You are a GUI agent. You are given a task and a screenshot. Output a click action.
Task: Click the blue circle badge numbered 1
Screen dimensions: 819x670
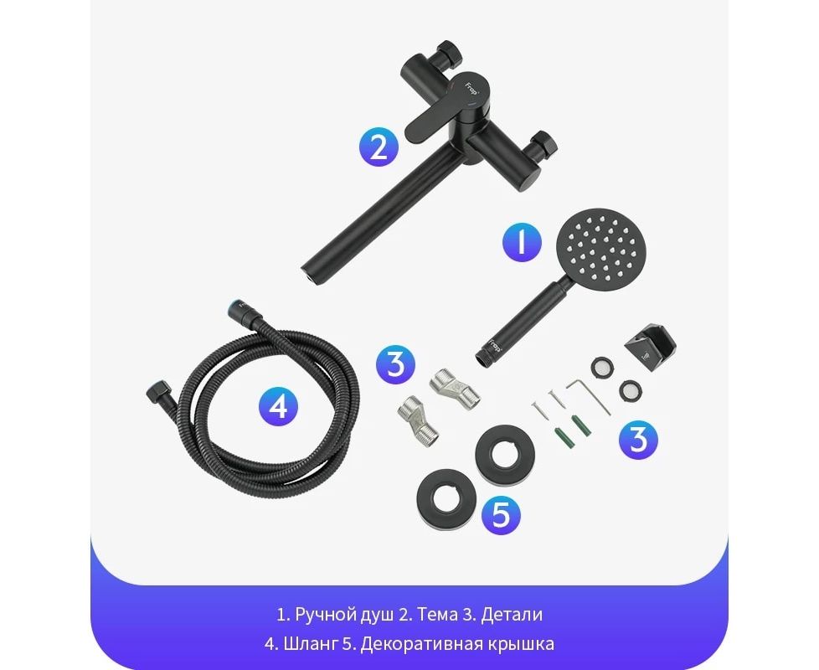[x=521, y=242]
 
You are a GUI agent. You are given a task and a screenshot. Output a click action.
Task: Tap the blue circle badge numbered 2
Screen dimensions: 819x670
[x=379, y=147]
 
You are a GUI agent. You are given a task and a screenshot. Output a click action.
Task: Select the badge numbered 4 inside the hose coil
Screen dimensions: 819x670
[x=279, y=405]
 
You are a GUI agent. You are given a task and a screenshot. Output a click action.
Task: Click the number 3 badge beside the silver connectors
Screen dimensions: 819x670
[x=396, y=363]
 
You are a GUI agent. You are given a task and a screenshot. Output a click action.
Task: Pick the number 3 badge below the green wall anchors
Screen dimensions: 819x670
[x=638, y=440]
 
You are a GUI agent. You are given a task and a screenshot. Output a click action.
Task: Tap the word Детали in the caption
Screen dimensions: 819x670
[x=512, y=614]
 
